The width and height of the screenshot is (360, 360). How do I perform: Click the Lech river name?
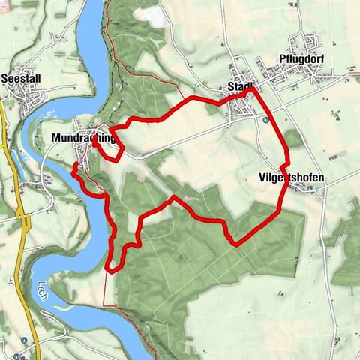click(42, 289)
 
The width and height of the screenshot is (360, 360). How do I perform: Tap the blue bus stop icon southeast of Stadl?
click(265, 118)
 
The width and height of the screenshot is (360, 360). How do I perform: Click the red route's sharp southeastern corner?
click(237, 244)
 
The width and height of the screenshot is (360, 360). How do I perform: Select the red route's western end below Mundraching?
click(73, 172)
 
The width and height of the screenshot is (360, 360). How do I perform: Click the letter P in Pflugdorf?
click(281, 61)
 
